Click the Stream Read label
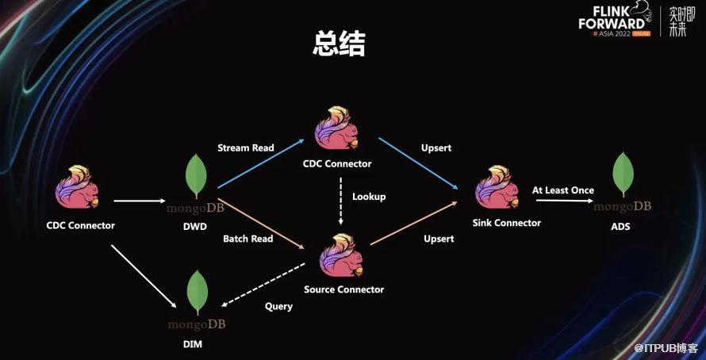click(x=245, y=147)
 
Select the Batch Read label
click(x=247, y=239)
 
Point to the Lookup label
click(x=369, y=196)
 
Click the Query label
click(x=278, y=306)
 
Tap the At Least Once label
click(x=563, y=190)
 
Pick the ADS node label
click(x=621, y=226)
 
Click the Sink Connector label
click(x=506, y=223)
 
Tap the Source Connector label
click(x=343, y=289)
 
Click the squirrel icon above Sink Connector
click(x=497, y=188)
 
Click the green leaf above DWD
click(x=196, y=177)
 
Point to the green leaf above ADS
click(x=623, y=175)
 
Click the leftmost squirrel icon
click(x=77, y=189)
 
